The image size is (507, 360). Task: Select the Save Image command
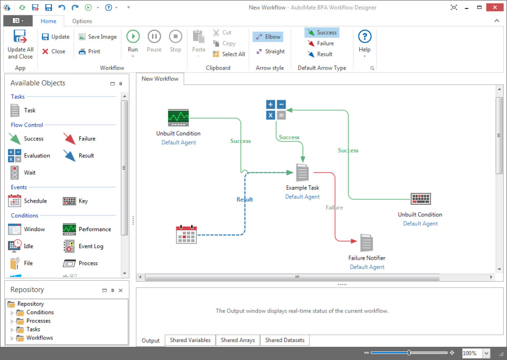pyautogui.click(x=98, y=37)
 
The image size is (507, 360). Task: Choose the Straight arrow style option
pyautogui.click(x=270, y=51)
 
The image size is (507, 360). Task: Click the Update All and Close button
pyautogui.click(x=21, y=44)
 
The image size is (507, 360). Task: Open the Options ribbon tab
pyautogui.click(x=82, y=21)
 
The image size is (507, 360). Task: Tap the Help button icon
pyautogui.click(x=365, y=36)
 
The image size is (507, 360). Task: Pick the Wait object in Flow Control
pyautogui.click(x=23, y=173)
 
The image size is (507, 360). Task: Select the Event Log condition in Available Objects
pyautogui.click(x=83, y=247)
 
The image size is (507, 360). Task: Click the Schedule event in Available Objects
pyautogui.click(x=27, y=201)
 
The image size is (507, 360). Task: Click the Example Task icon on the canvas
pyautogui.click(x=302, y=173)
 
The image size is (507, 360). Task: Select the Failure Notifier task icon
pyautogui.click(x=367, y=243)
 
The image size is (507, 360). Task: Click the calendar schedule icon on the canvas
pyautogui.click(x=186, y=234)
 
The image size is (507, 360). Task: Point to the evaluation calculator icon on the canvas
pyautogui.click(x=276, y=110)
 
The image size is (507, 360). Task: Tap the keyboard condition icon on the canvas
pyautogui.click(x=421, y=199)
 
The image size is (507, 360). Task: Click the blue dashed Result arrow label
pyautogui.click(x=245, y=200)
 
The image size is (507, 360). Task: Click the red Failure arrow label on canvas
pyautogui.click(x=334, y=207)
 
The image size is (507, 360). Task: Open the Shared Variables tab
pyautogui.click(x=190, y=340)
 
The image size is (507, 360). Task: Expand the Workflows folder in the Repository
pyautogui.click(x=12, y=338)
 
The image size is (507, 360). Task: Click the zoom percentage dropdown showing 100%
pyautogui.click(x=486, y=353)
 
